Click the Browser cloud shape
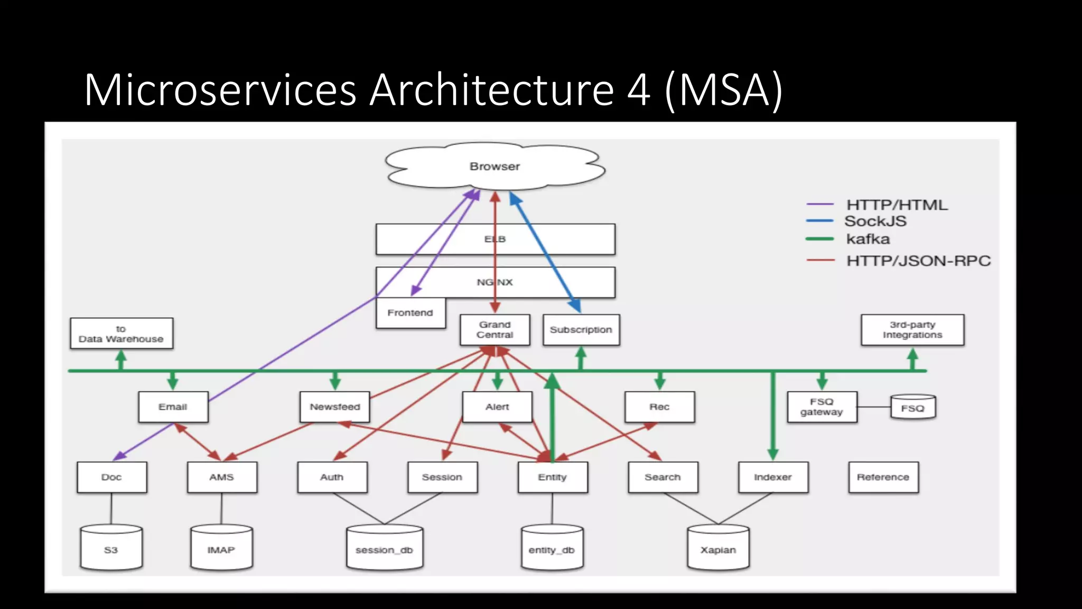coord(495,167)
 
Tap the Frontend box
coord(411,313)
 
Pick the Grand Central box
coord(495,330)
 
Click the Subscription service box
coord(581,330)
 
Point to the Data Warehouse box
coord(121,334)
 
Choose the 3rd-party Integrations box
coord(912,330)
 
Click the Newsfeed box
coord(334,407)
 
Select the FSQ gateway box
coord(822,407)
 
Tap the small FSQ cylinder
coord(912,408)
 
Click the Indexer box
coord(773,477)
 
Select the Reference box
coord(883,477)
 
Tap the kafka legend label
coord(868,239)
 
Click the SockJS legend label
coord(875,222)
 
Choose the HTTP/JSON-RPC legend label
coord(918,261)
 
